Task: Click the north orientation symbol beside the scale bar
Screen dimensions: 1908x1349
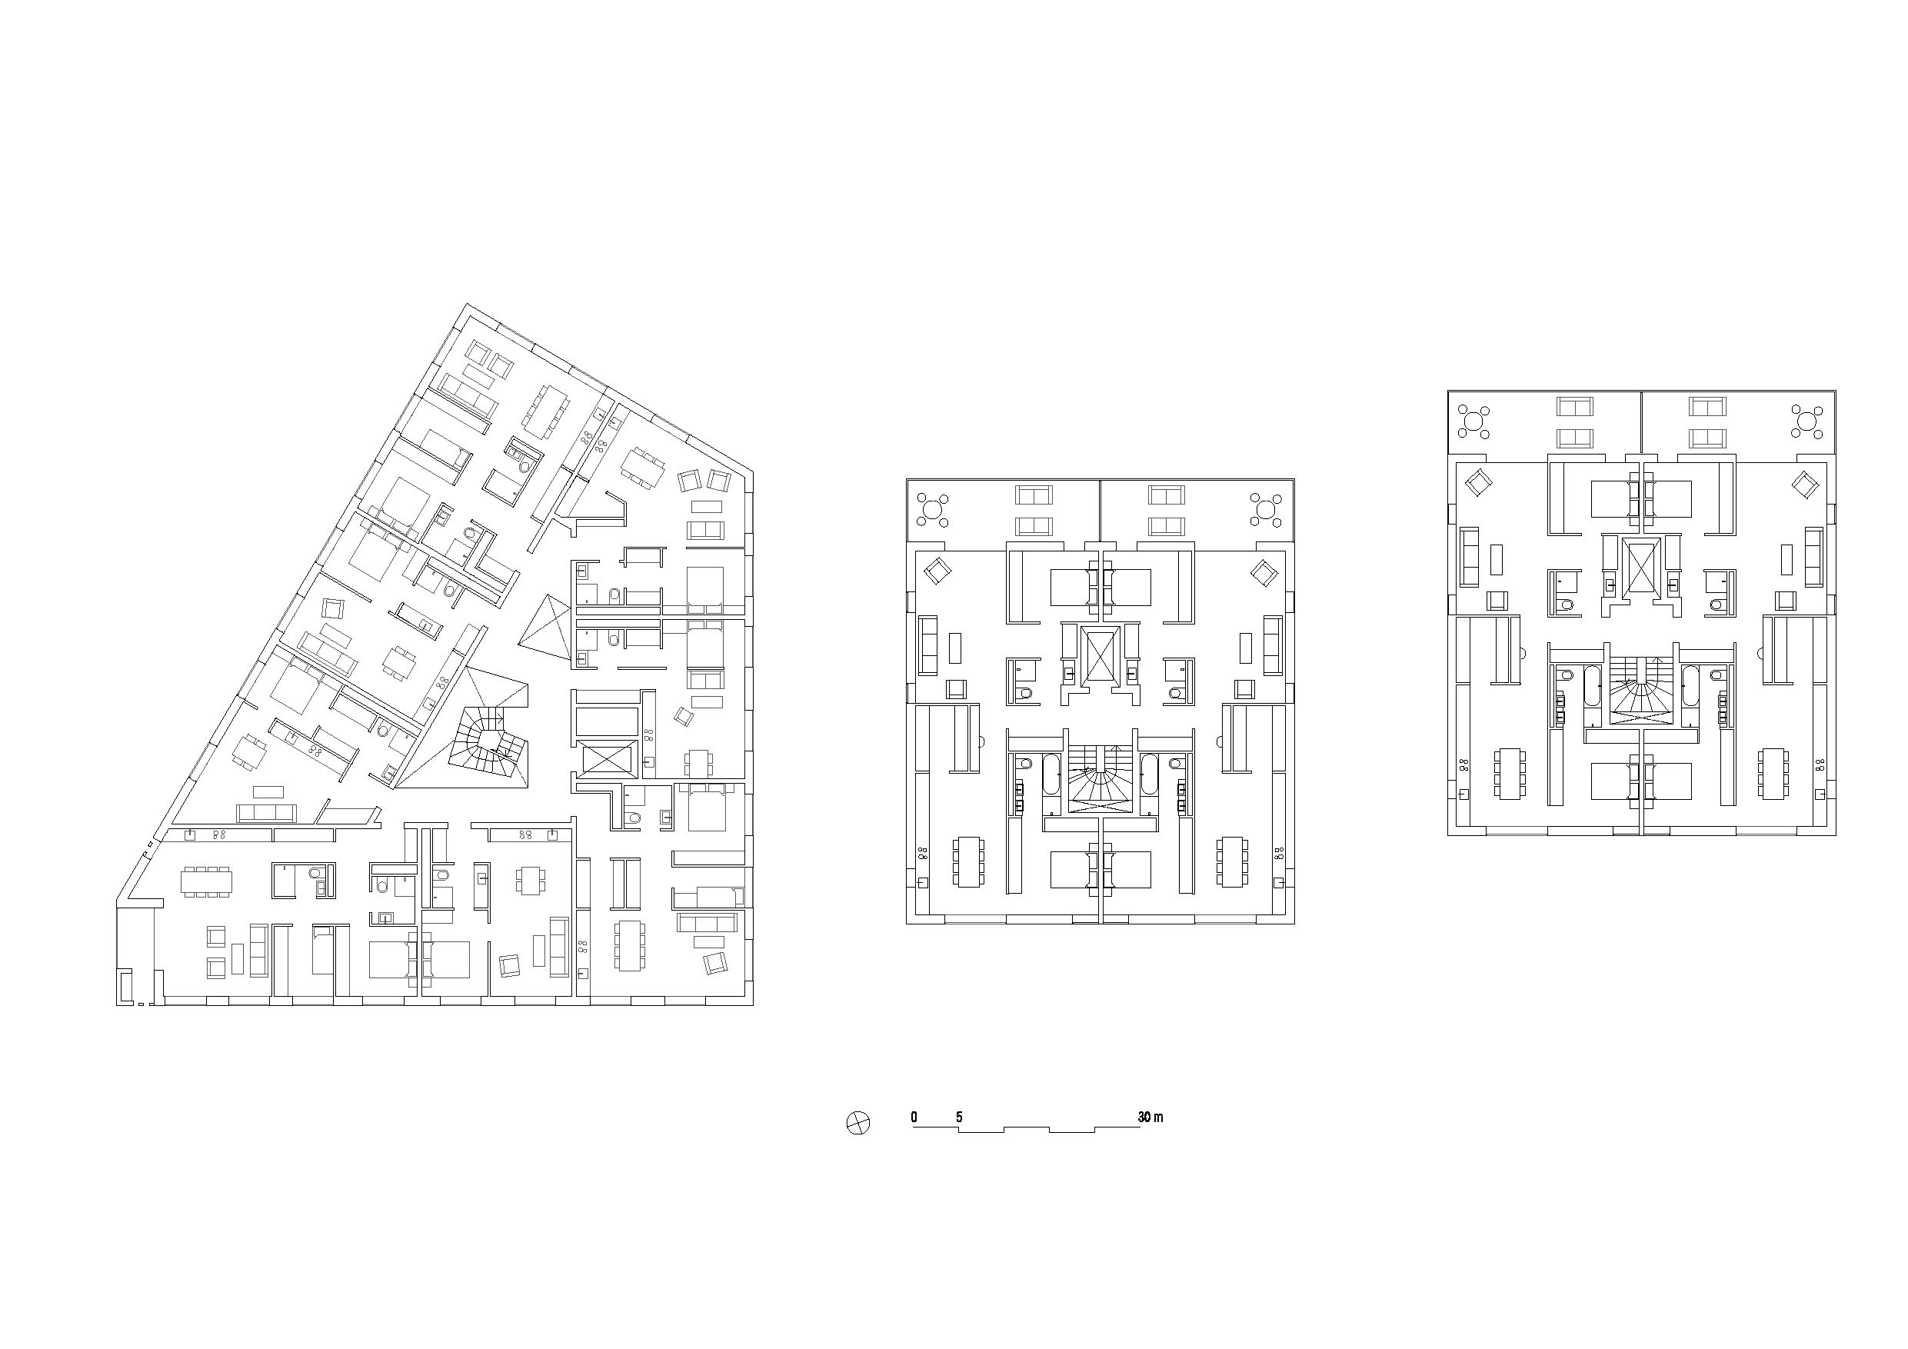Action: point(857,1124)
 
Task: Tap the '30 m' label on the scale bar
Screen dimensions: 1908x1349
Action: point(1150,1117)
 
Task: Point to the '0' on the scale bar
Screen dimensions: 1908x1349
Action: point(914,1117)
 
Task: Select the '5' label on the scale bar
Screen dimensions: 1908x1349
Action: point(959,1117)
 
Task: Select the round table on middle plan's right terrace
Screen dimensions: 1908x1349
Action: point(1267,508)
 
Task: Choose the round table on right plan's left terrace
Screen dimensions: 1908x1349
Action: point(1474,421)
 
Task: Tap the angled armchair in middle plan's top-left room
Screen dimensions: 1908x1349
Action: point(938,571)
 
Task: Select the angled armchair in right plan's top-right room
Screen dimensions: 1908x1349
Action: point(1804,483)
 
